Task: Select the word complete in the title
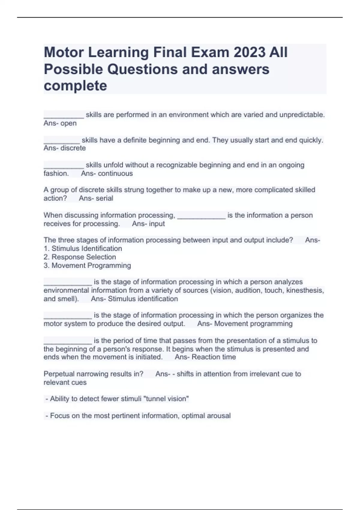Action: (x=75, y=86)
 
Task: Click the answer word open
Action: (x=69, y=123)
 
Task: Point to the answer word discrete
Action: (x=73, y=148)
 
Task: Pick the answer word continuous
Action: (x=115, y=173)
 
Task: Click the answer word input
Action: (x=157, y=224)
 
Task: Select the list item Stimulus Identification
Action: (x=87, y=249)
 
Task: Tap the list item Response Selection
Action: (x=84, y=257)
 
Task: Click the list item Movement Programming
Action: (x=91, y=265)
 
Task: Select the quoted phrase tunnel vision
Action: (x=166, y=399)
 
